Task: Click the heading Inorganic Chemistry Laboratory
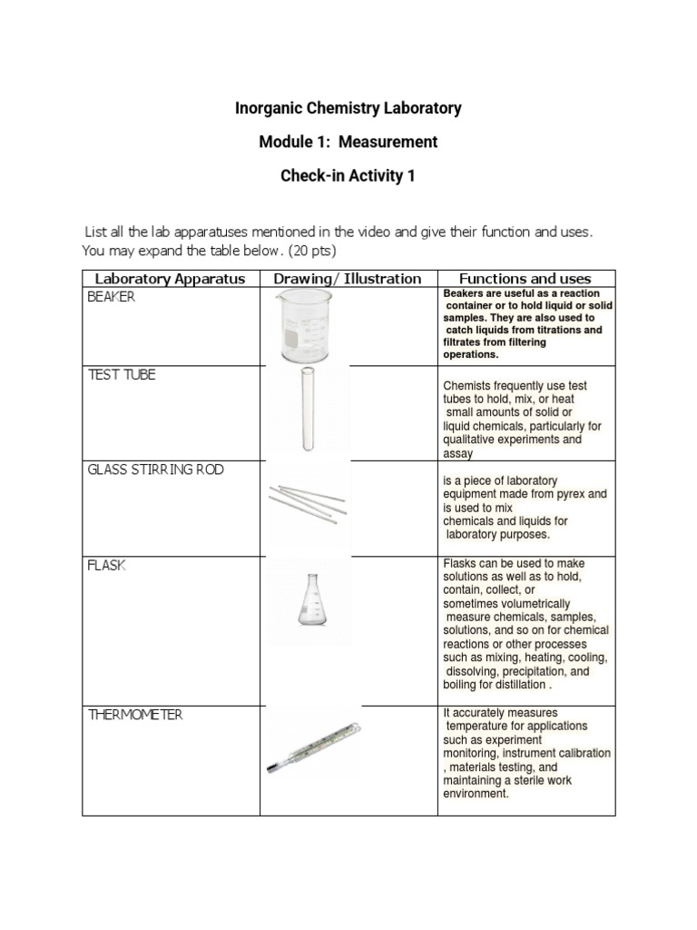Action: point(348,108)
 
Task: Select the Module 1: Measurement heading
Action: point(348,142)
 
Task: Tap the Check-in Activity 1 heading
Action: point(348,176)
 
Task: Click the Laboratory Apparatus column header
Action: point(171,279)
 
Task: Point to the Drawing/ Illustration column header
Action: point(348,279)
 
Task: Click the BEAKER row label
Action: point(111,298)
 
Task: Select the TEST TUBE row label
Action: point(122,374)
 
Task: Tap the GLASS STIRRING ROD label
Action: point(155,470)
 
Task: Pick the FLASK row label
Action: point(107,565)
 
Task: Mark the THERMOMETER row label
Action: point(135,715)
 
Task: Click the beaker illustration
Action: point(304,327)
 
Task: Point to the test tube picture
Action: point(305,411)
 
